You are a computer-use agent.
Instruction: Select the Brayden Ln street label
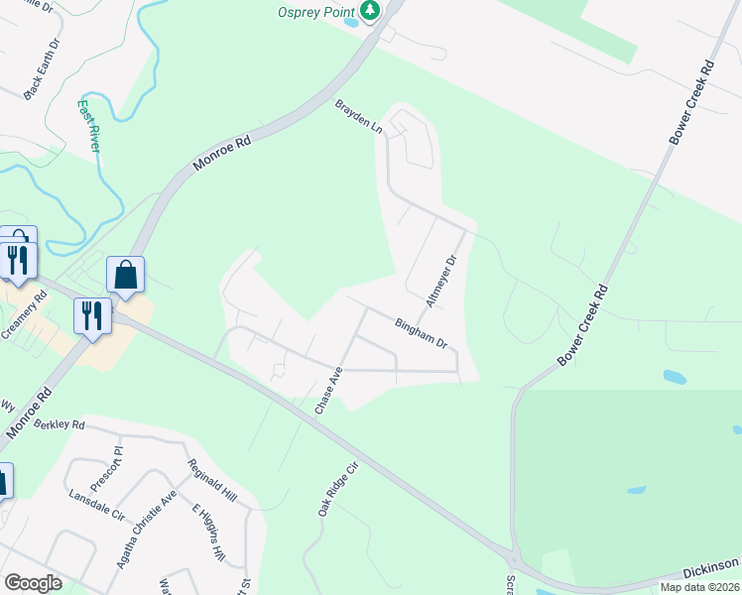click(358, 116)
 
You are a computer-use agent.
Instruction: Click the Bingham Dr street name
click(422, 331)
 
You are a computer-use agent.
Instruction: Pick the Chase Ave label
click(328, 391)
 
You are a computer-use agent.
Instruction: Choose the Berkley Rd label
click(60, 424)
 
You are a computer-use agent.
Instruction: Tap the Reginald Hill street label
click(213, 480)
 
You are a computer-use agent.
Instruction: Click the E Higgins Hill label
click(209, 533)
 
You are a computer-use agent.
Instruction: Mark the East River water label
click(90, 124)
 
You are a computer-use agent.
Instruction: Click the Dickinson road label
click(711, 565)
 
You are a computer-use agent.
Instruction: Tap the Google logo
click(33, 583)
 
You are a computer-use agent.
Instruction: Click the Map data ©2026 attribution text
click(699, 587)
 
